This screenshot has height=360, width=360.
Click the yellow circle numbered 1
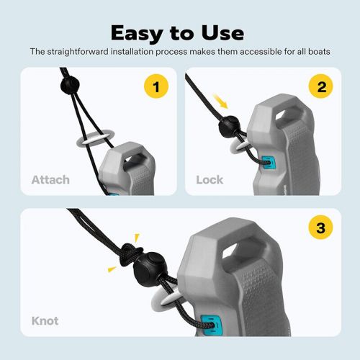pyautogui.click(x=156, y=86)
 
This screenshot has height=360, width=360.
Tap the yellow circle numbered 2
pyautogui.click(x=321, y=86)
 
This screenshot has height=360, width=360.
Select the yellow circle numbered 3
pyautogui.click(x=321, y=228)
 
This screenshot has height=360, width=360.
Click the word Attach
pyautogui.click(x=50, y=180)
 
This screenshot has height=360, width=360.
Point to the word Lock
pyautogui.click(x=210, y=180)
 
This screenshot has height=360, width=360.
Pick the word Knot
pyautogui.click(x=45, y=321)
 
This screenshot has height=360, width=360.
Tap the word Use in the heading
pyautogui.click(x=222, y=33)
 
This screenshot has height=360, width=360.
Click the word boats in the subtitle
pyautogui.click(x=319, y=51)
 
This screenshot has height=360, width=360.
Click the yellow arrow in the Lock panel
pyautogui.click(x=220, y=102)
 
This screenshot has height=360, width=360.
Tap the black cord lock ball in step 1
pyautogui.click(x=70, y=85)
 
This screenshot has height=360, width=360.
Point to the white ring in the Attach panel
pyautogui.click(x=95, y=140)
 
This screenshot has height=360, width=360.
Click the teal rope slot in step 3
pyautogui.click(x=211, y=325)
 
